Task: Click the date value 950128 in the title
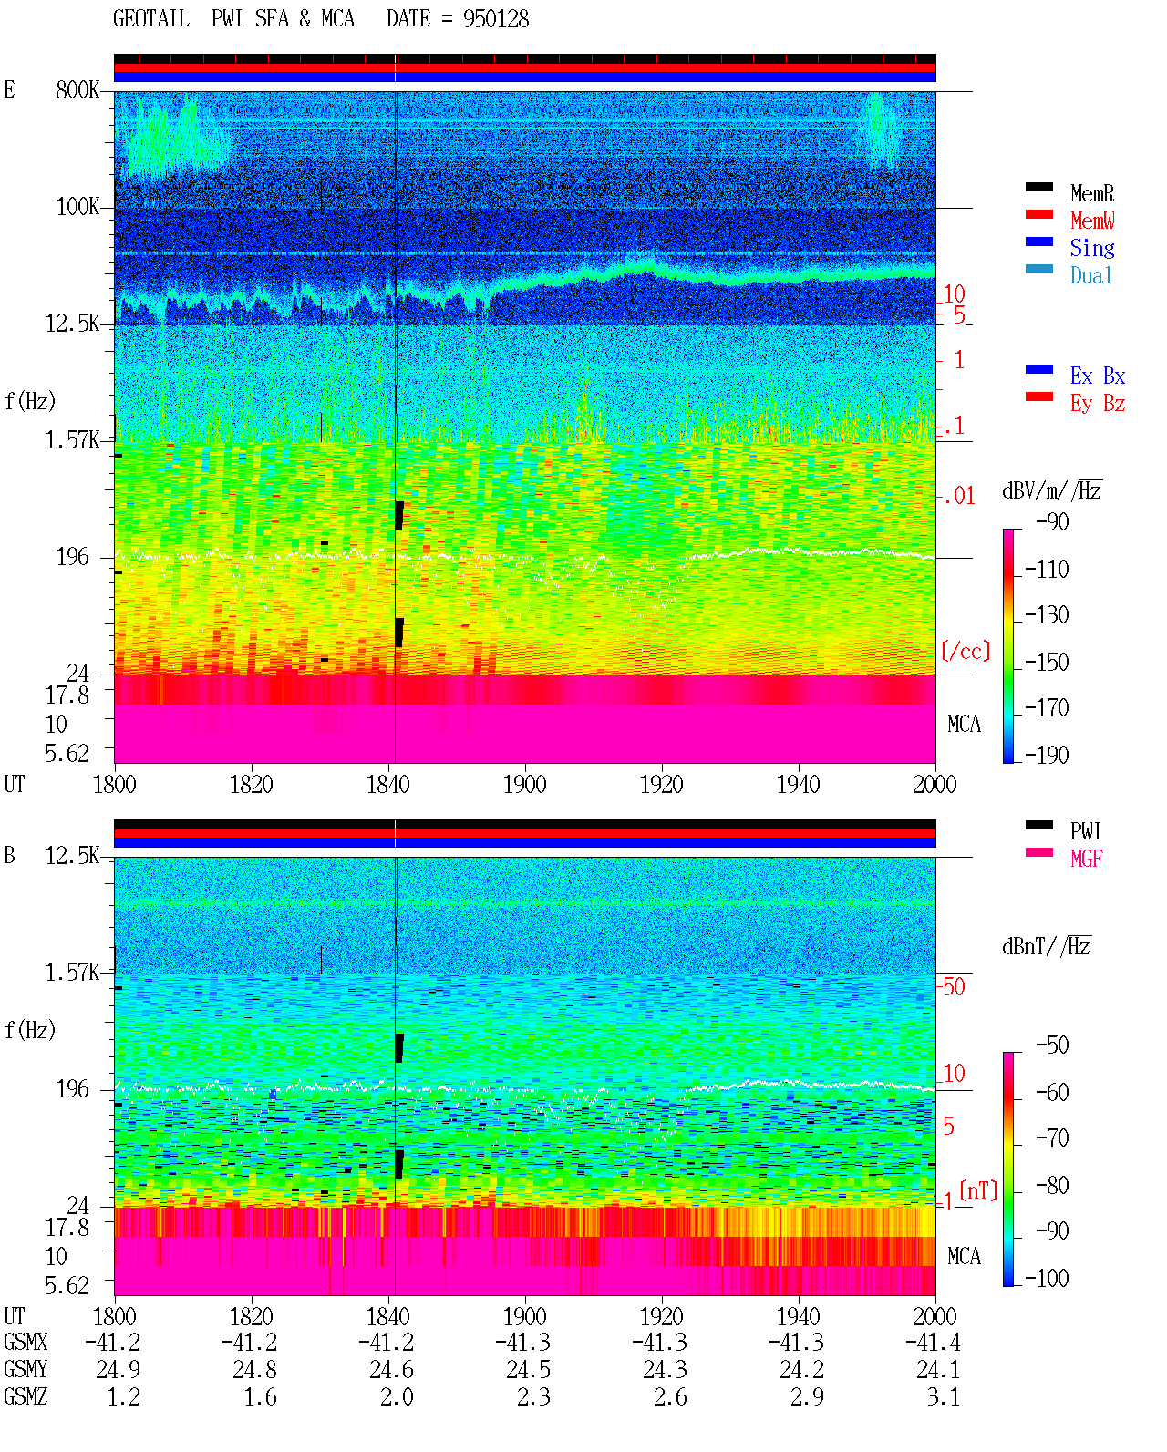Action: coord(495,19)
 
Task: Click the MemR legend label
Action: coord(1091,193)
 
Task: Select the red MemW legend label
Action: coord(1091,221)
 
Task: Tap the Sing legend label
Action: coord(1091,248)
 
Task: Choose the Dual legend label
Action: coord(1091,275)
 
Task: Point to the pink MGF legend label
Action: coord(1086,859)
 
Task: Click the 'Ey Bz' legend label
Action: coord(1098,404)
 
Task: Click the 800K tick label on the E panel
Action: coord(77,89)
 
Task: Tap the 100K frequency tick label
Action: coord(77,207)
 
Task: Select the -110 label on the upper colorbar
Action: coord(1047,570)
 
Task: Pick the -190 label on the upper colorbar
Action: coord(1047,755)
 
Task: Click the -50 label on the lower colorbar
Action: coord(1052,1045)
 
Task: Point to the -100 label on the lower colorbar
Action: coord(1047,1278)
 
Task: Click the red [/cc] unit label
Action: coord(966,651)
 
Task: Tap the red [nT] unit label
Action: coord(978,1190)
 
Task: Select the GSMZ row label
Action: coord(26,1396)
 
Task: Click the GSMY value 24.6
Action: coord(391,1370)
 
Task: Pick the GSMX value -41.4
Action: coord(933,1343)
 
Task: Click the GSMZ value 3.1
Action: coord(944,1396)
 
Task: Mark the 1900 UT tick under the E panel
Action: coord(525,785)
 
